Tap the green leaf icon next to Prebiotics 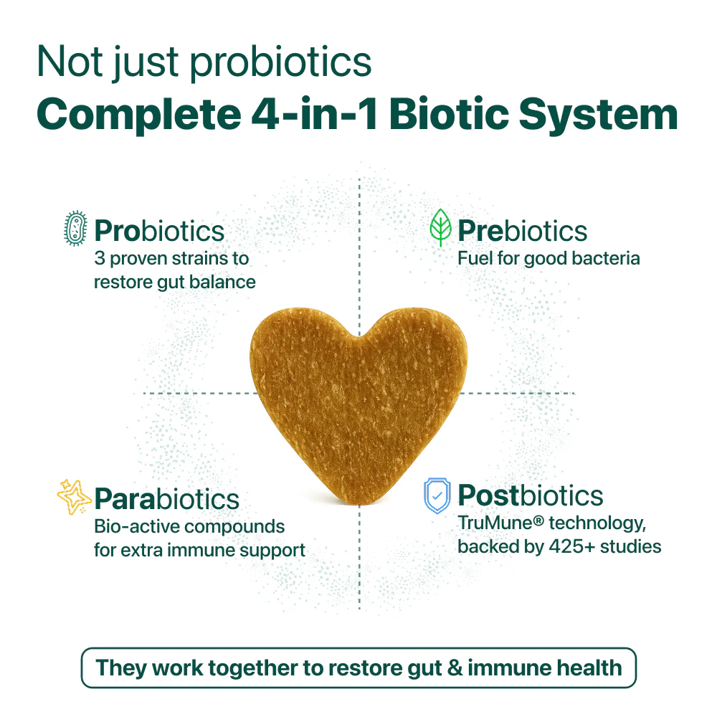click(x=440, y=229)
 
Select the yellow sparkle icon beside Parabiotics click(x=74, y=496)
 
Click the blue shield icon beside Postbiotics click(x=437, y=496)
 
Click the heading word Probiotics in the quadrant click(x=159, y=231)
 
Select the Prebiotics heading click(x=522, y=231)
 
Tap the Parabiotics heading click(x=166, y=498)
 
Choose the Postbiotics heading click(x=531, y=495)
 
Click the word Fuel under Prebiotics click(x=473, y=258)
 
